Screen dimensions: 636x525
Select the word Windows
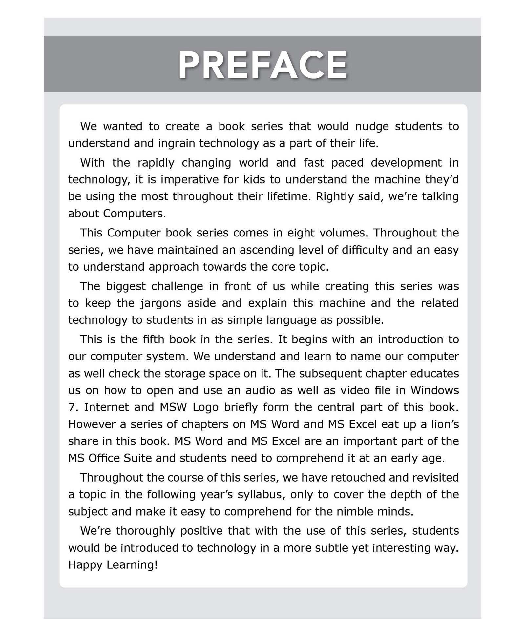434,390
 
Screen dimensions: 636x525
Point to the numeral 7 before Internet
72,407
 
